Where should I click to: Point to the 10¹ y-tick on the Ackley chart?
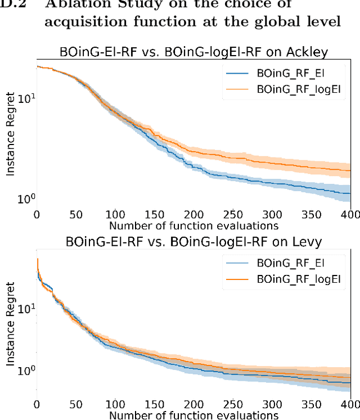26,98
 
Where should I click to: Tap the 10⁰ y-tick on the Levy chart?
26,371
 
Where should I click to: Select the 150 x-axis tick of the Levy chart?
154,404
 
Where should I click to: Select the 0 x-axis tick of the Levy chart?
37,404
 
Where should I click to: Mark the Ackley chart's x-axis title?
193,225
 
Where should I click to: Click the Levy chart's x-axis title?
193,415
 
